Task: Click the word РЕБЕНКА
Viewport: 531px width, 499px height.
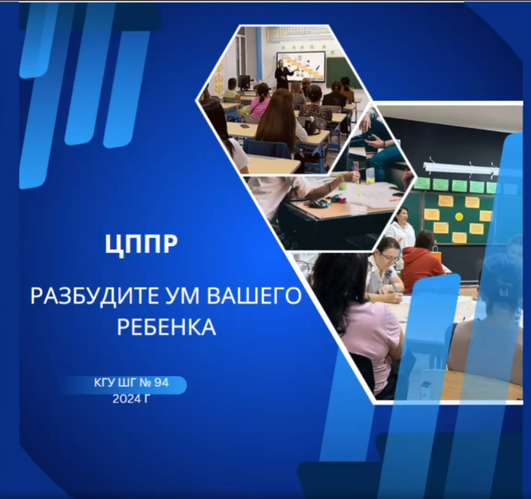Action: click(166, 326)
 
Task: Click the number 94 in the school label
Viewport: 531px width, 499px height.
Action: click(161, 383)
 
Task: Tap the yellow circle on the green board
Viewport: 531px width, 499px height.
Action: click(458, 217)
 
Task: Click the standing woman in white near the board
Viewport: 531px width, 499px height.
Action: click(402, 227)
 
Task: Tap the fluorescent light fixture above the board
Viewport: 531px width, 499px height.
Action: click(460, 169)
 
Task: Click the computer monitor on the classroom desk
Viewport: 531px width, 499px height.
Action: click(245, 82)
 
